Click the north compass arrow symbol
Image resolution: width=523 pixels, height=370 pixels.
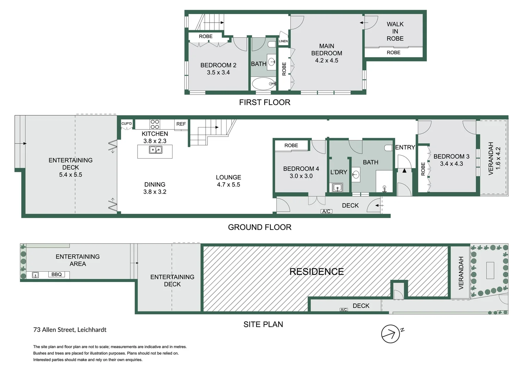[x=391, y=334]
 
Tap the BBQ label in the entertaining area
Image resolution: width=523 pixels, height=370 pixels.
[x=56, y=274]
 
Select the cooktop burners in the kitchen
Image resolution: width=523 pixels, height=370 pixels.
[x=155, y=124]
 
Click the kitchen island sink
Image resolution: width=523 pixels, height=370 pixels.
[x=155, y=150]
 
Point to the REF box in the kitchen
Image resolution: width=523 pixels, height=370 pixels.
[x=181, y=124]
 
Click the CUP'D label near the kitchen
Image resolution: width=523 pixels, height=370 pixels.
[x=126, y=124]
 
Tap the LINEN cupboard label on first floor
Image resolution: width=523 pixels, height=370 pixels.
[x=283, y=41]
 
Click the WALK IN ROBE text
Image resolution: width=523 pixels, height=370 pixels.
[x=395, y=31]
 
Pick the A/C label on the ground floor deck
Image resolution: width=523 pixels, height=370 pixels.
[x=326, y=211]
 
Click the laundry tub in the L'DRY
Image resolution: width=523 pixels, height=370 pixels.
[x=337, y=187]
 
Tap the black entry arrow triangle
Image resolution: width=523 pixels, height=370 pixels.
[x=404, y=170]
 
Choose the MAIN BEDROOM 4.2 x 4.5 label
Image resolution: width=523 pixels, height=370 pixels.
[x=327, y=53]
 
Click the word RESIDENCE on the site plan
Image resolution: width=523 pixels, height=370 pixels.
[x=317, y=272]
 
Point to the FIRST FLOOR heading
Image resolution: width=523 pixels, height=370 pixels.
[x=265, y=102]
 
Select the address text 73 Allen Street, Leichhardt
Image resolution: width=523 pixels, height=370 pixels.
[x=70, y=330]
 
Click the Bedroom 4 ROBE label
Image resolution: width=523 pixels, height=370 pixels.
[x=291, y=146]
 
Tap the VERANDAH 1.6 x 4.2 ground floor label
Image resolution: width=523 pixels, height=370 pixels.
[x=494, y=158]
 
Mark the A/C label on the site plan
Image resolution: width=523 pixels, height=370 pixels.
[x=344, y=310]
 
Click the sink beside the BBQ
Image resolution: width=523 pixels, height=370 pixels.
[x=35, y=275]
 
